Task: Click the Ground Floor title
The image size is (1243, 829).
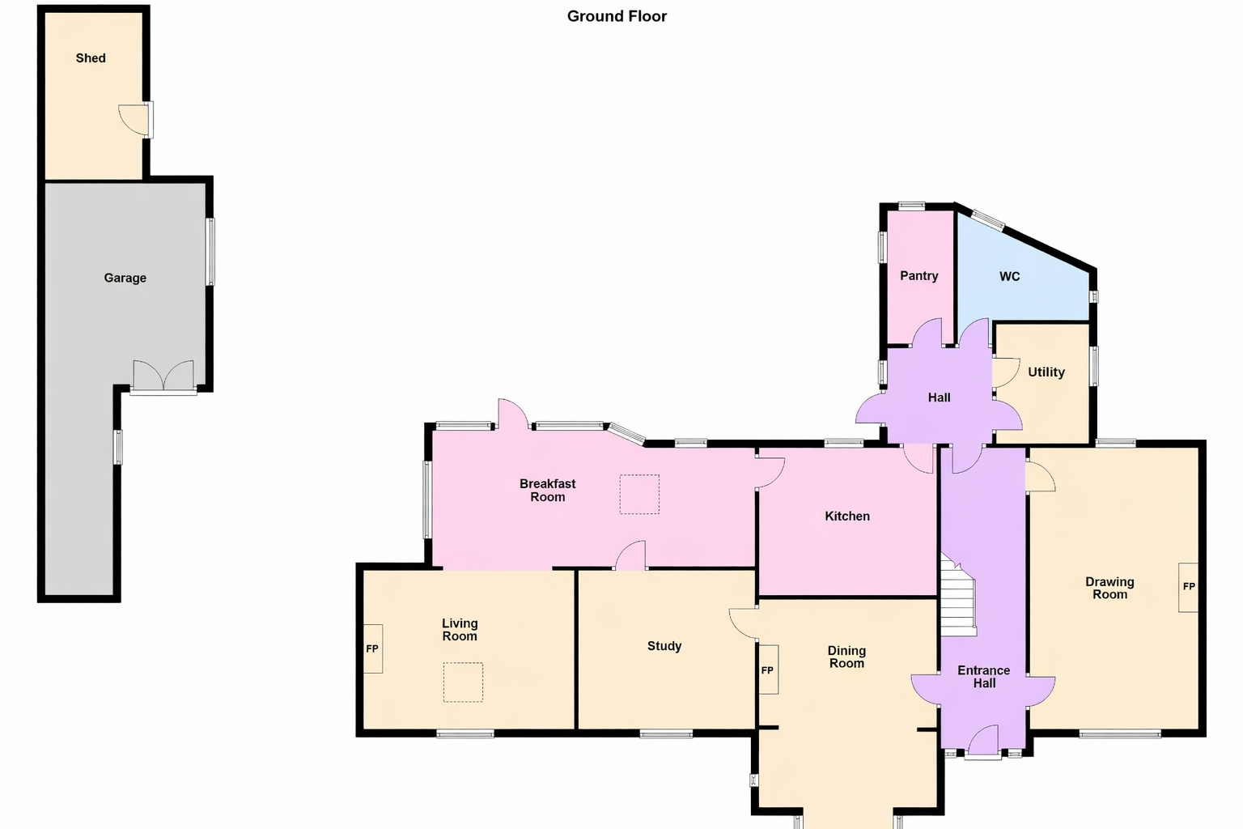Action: coord(617,16)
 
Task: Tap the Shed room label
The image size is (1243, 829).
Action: coord(91,58)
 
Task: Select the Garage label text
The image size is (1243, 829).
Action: coord(125,278)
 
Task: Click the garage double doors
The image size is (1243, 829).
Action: coord(163,376)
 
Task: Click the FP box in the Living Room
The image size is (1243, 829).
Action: coord(372,648)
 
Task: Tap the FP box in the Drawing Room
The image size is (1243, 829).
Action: coord(1188,587)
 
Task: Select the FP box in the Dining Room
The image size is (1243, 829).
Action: coord(768,670)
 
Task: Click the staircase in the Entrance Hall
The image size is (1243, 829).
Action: coord(958,597)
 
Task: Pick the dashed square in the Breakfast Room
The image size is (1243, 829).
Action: coord(639,494)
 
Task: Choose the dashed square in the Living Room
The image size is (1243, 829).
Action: coord(463,682)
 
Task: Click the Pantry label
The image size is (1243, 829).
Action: coord(919,276)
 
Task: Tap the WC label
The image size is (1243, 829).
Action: coord(1010,277)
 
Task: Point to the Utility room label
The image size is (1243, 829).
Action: coord(1046,372)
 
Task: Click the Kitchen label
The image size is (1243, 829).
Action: coord(847,517)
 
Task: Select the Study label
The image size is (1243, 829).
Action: coord(664,646)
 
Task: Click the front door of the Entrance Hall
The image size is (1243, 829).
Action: coord(983,742)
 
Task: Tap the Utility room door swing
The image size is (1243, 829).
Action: coord(1006,372)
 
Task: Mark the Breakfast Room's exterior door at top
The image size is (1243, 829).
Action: coord(512,414)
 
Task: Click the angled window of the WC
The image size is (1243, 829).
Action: coord(988,219)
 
